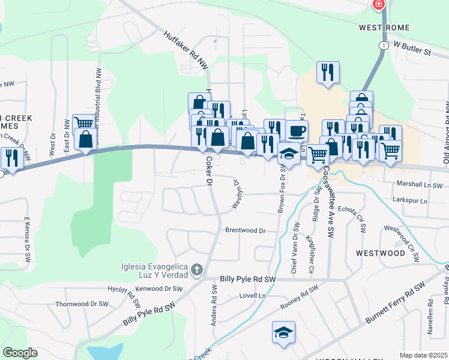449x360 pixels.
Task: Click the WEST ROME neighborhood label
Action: pyautogui.click(x=384, y=28)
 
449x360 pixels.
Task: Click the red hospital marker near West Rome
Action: pyautogui.click(x=378, y=5)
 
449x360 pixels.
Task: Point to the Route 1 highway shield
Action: pyautogui.click(x=382, y=46)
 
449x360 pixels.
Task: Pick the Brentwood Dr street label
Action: pyautogui.click(x=245, y=230)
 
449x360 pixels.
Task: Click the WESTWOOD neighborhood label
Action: pyautogui.click(x=381, y=253)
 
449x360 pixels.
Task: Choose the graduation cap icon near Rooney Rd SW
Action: pyautogui.click(x=283, y=332)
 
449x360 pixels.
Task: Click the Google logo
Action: pyautogui.click(x=20, y=353)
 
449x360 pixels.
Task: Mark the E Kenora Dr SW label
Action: pyautogui.click(x=27, y=240)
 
